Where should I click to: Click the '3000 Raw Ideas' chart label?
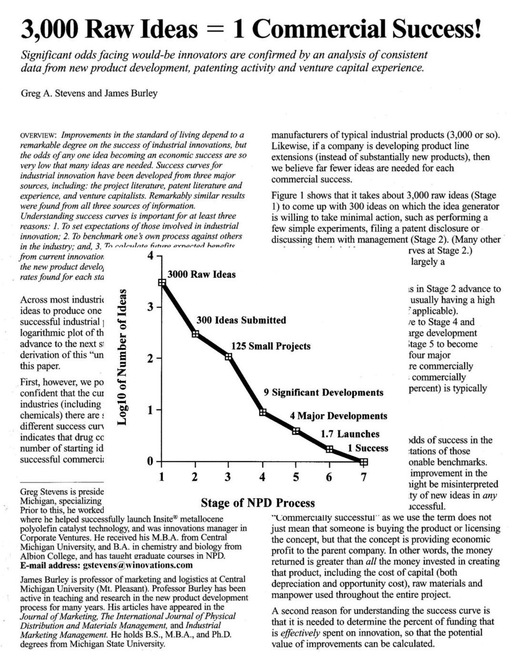tap(201, 274)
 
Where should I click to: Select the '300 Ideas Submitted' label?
tap(241, 320)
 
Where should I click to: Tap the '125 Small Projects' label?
tap(270, 346)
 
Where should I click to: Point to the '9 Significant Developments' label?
tap(323, 392)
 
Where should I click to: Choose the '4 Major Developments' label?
tap(339, 416)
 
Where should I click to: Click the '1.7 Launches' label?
tap(350, 434)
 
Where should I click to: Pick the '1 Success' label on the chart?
tap(368, 448)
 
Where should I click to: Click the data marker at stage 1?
tap(162, 282)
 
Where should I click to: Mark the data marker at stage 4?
tap(262, 412)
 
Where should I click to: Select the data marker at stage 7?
tap(364, 461)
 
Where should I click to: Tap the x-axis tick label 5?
tap(296, 477)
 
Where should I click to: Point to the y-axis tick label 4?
tap(151, 256)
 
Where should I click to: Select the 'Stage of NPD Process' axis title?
tap(258, 503)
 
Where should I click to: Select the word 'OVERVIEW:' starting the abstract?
tap(39, 135)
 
